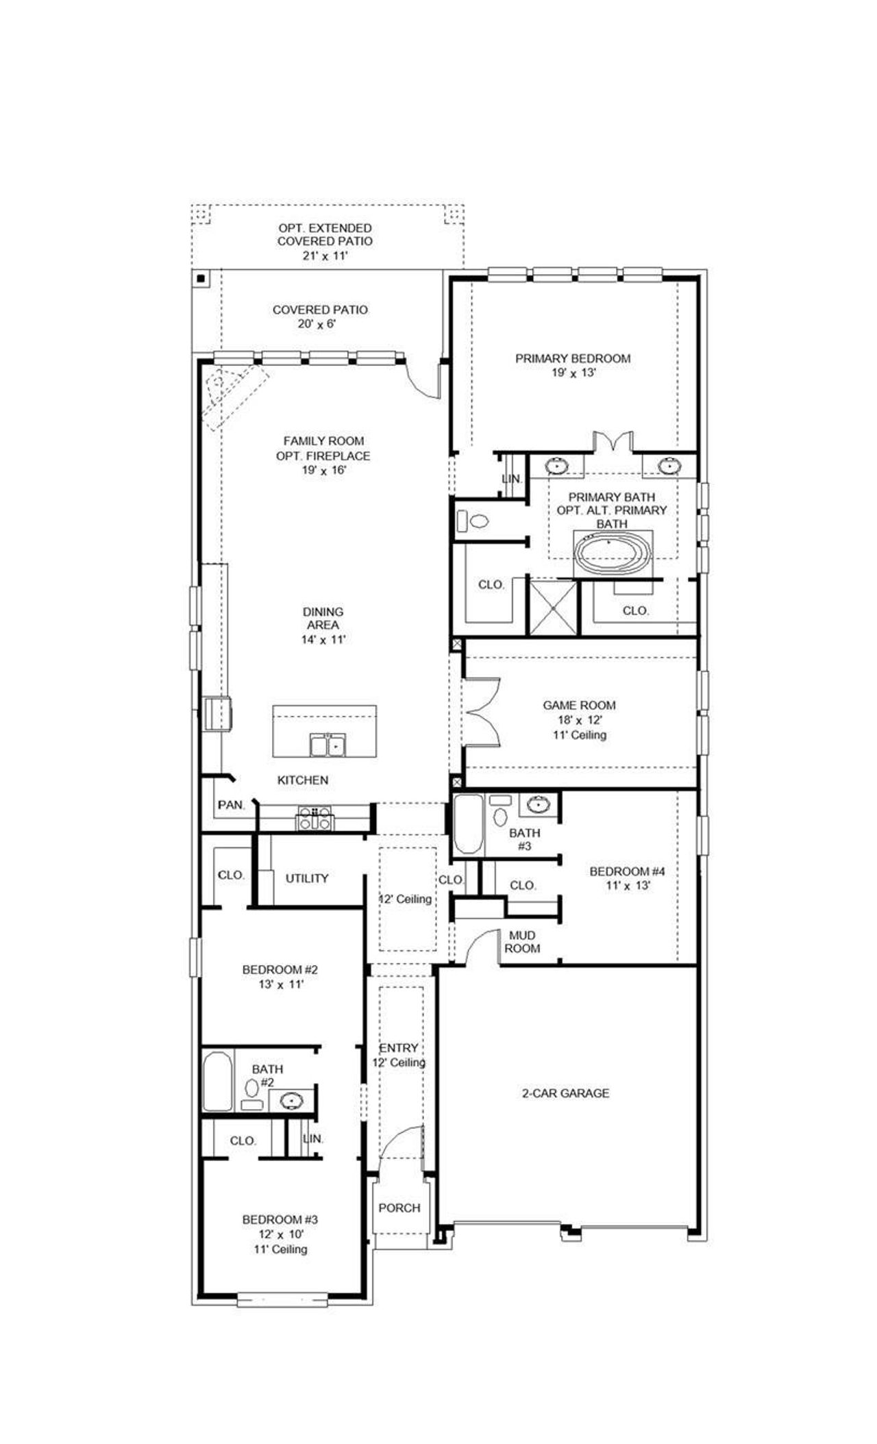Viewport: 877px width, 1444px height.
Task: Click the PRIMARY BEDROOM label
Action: [572, 358]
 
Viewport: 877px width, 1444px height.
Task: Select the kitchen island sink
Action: [328, 744]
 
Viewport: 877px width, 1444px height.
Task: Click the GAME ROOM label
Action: [579, 705]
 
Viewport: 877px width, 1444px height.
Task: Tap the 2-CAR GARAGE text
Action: [565, 1093]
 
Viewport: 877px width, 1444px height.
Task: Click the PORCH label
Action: [399, 1208]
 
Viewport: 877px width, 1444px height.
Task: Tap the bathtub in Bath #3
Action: [469, 824]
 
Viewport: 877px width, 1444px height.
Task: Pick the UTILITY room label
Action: [307, 878]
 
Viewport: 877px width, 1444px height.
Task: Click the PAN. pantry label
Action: [232, 805]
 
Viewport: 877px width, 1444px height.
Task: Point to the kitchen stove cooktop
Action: [314, 818]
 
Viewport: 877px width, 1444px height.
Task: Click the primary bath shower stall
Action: [552, 606]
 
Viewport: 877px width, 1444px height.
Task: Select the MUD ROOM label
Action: [522, 942]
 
